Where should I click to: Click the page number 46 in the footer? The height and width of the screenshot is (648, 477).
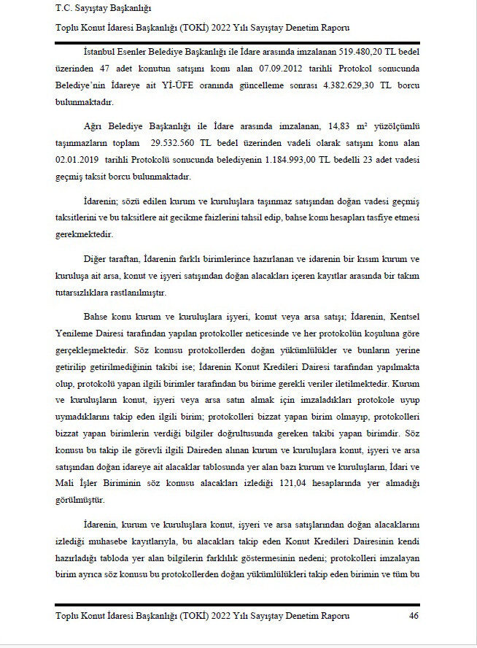414,616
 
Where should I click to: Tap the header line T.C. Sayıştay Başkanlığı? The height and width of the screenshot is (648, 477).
103,9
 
